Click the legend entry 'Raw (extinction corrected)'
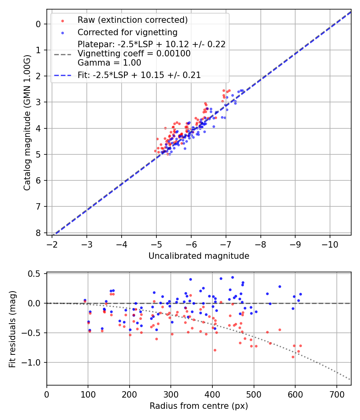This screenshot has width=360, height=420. (132, 20)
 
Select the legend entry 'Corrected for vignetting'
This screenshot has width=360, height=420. (127, 32)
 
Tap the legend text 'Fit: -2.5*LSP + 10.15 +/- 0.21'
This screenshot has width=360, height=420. (139, 75)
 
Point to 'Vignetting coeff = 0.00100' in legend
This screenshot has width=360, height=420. (134, 54)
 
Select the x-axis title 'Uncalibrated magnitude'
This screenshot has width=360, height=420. (199, 256)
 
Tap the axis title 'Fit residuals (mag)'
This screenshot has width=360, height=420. (13, 329)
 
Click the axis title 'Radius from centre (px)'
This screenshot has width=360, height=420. (199, 406)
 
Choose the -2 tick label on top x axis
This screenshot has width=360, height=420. (52, 244)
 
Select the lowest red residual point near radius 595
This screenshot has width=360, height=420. (293, 357)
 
